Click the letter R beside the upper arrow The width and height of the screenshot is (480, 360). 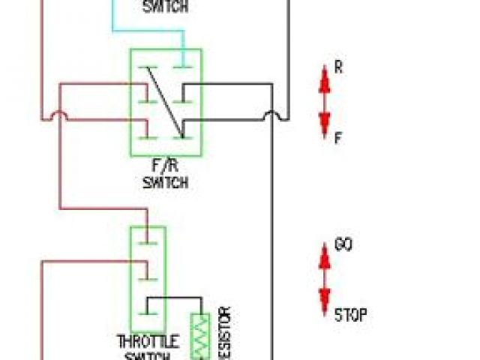point(338,67)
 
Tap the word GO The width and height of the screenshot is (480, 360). point(343,245)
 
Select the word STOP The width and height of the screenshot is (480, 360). point(350,314)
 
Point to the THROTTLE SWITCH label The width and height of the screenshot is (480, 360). point(148,347)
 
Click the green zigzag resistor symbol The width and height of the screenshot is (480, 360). point(200,336)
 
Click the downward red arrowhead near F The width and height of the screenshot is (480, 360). point(325,124)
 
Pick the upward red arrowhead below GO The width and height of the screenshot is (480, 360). point(325,258)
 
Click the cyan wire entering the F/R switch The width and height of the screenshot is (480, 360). point(149,31)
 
